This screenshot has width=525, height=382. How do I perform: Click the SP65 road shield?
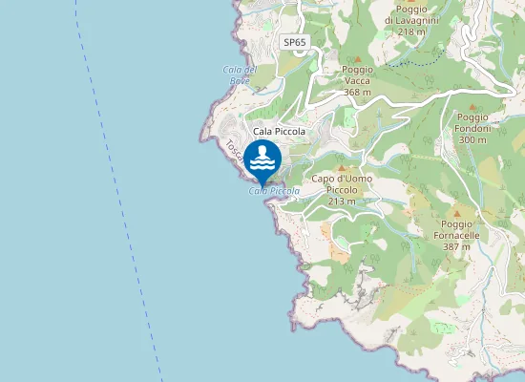tap(295, 43)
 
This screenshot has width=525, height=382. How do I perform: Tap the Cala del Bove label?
tap(240, 74)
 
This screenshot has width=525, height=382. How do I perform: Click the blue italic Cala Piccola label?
tap(274, 191)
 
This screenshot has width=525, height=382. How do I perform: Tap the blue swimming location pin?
tap(262, 159)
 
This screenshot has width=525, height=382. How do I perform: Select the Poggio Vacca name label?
tap(357, 75)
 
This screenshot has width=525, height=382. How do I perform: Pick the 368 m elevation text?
tap(357, 92)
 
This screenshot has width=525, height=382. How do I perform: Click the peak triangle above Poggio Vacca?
tap(358, 57)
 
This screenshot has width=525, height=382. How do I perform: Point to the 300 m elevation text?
tap(472, 139)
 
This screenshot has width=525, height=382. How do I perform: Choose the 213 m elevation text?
tap(342, 201)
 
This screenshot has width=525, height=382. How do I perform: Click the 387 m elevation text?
tap(456, 246)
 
